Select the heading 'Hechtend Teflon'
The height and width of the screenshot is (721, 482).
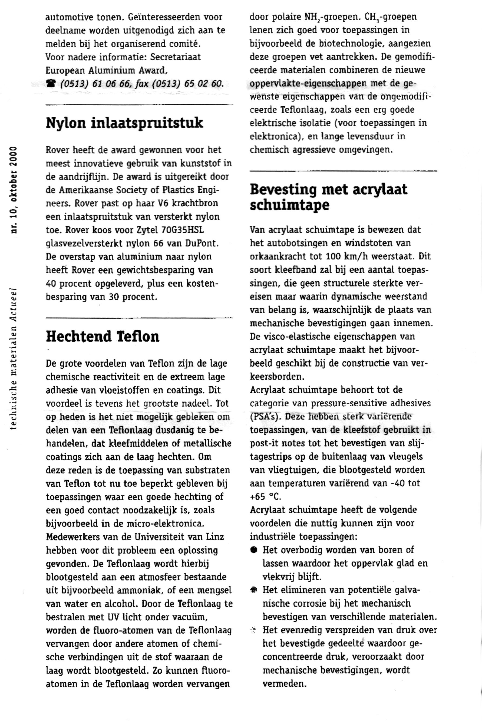coord(103,337)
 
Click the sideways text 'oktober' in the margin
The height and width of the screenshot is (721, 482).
coord(14,191)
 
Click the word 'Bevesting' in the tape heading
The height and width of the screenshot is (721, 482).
coord(283,189)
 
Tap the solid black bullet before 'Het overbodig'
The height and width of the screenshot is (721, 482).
coord(254,550)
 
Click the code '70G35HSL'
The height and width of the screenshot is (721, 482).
coord(179,230)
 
